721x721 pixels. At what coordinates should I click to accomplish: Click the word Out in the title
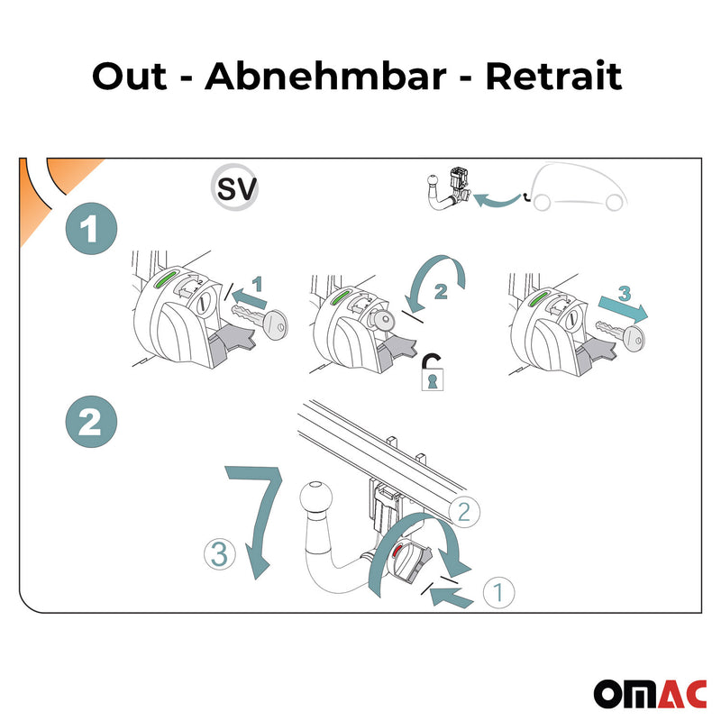pyautogui.click(x=130, y=77)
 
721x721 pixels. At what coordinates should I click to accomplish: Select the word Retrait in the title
pyautogui.click(x=553, y=77)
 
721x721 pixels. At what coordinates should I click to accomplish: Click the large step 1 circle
pyautogui.click(x=91, y=231)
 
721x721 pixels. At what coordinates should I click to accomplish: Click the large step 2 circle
pyautogui.click(x=91, y=423)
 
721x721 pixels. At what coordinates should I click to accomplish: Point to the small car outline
pyautogui.click(x=576, y=191)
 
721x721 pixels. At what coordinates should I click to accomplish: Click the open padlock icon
pyautogui.click(x=434, y=371)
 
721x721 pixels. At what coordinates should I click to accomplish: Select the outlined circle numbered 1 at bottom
pyautogui.click(x=497, y=592)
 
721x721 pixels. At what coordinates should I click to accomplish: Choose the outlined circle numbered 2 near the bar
pyautogui.click(x=462, y=513)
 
